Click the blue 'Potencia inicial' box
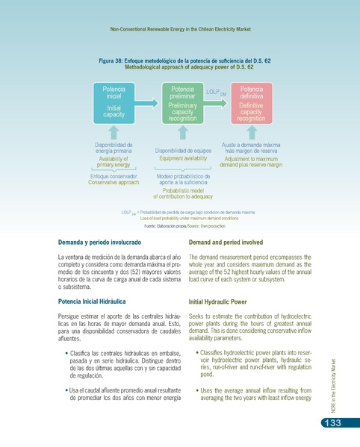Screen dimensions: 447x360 click(114, 101)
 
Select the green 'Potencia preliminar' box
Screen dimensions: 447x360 click(182, 101)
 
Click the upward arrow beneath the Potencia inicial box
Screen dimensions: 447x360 click(114, 132)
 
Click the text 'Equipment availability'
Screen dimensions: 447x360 click(182, 159)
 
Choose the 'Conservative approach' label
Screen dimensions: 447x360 click(114, 182)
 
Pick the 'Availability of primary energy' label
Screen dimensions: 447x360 click(114, 161)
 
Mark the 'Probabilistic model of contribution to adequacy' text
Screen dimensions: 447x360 click(182, 193)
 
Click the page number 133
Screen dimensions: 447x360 click(332, 425)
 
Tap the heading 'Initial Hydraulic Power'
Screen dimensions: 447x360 click(218, 303)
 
